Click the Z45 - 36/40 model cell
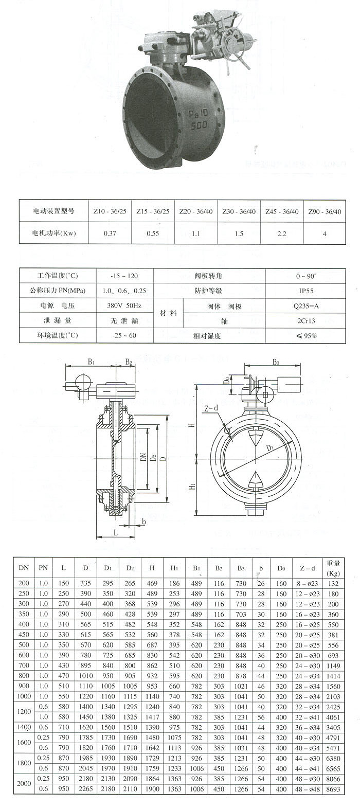pos(282,211)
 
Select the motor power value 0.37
pos(110,233)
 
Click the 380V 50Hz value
pos(124,306)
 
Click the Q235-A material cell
pos(307,306)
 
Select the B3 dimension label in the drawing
pos(276,362)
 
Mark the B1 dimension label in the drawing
pos(91,362)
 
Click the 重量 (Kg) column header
pos(333,568)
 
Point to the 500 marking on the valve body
pos(199,125)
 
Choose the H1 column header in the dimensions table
pos(174,568)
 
